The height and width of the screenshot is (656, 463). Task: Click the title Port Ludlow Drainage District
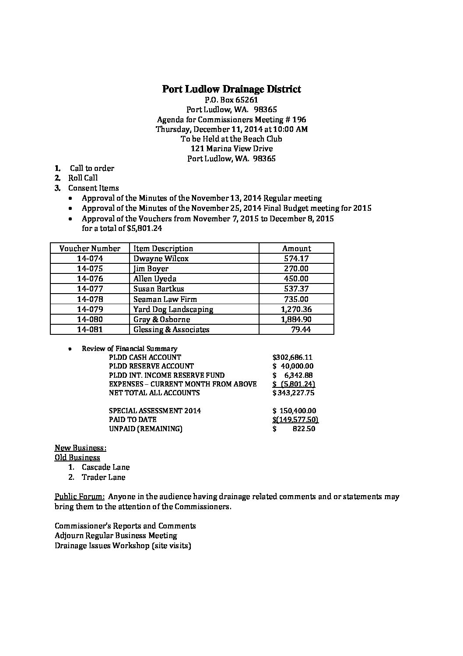(x=231, y=89)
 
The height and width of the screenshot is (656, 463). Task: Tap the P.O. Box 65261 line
(x=231, y=100)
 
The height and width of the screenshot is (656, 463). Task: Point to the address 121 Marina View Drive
(x=231, y=149)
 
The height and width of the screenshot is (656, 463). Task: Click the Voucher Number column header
(x=90, y=248)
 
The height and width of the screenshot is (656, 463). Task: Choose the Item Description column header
(x=163, y=248)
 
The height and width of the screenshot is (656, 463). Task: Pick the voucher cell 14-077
(x=90, y=289)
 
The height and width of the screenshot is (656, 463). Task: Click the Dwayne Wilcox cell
(x=161, y=259)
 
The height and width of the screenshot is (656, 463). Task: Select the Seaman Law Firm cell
(x=165, y=299)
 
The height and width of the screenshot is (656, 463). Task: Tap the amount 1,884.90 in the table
(x=296, y=319)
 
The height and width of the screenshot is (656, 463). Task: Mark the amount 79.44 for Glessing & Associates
(x=301, y=330)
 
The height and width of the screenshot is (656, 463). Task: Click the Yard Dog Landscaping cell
(x=173, y=309)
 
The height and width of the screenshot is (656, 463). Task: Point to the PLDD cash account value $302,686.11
(x=292, y=358)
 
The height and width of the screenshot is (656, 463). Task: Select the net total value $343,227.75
(x=293, y=393)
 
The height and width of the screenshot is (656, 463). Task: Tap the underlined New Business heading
(x=81, y=448)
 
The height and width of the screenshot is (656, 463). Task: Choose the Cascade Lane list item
(x=105, y=468)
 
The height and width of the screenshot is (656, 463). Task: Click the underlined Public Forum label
(x=79, y=497)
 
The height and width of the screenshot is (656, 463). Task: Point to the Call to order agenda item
(x=92, y=168)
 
